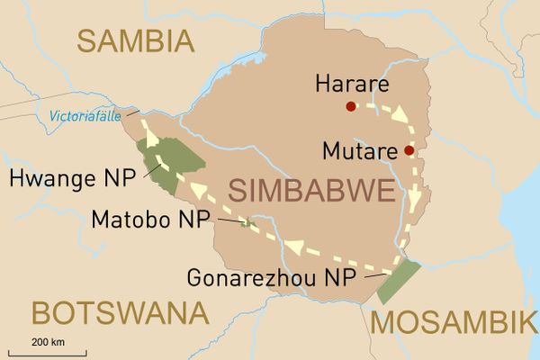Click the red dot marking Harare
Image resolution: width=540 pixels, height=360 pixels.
click(351, 106)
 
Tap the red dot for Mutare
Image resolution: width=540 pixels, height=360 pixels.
click(409, 150)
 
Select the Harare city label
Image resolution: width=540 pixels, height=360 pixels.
click(351, 85)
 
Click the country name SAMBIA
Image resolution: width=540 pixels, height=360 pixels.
click(135, 40)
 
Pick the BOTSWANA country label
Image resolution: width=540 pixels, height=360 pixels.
click(119, 314)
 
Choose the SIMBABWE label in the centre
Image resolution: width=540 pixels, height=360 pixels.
click(310, 192)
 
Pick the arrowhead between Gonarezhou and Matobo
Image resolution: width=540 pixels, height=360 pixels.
click(292, 245)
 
